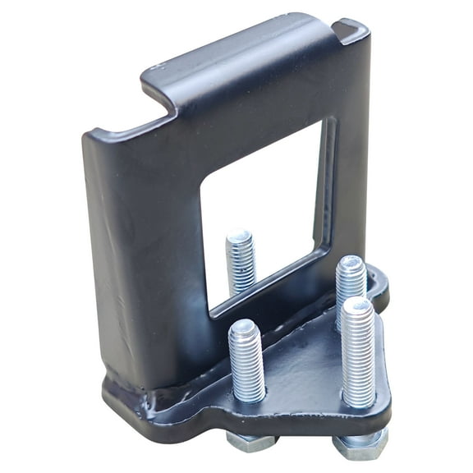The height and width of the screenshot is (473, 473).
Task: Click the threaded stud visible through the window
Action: pos(241,261)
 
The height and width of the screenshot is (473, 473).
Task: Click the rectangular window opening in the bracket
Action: pos(263,214)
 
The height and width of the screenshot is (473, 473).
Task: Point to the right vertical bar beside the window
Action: pos(349,164)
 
